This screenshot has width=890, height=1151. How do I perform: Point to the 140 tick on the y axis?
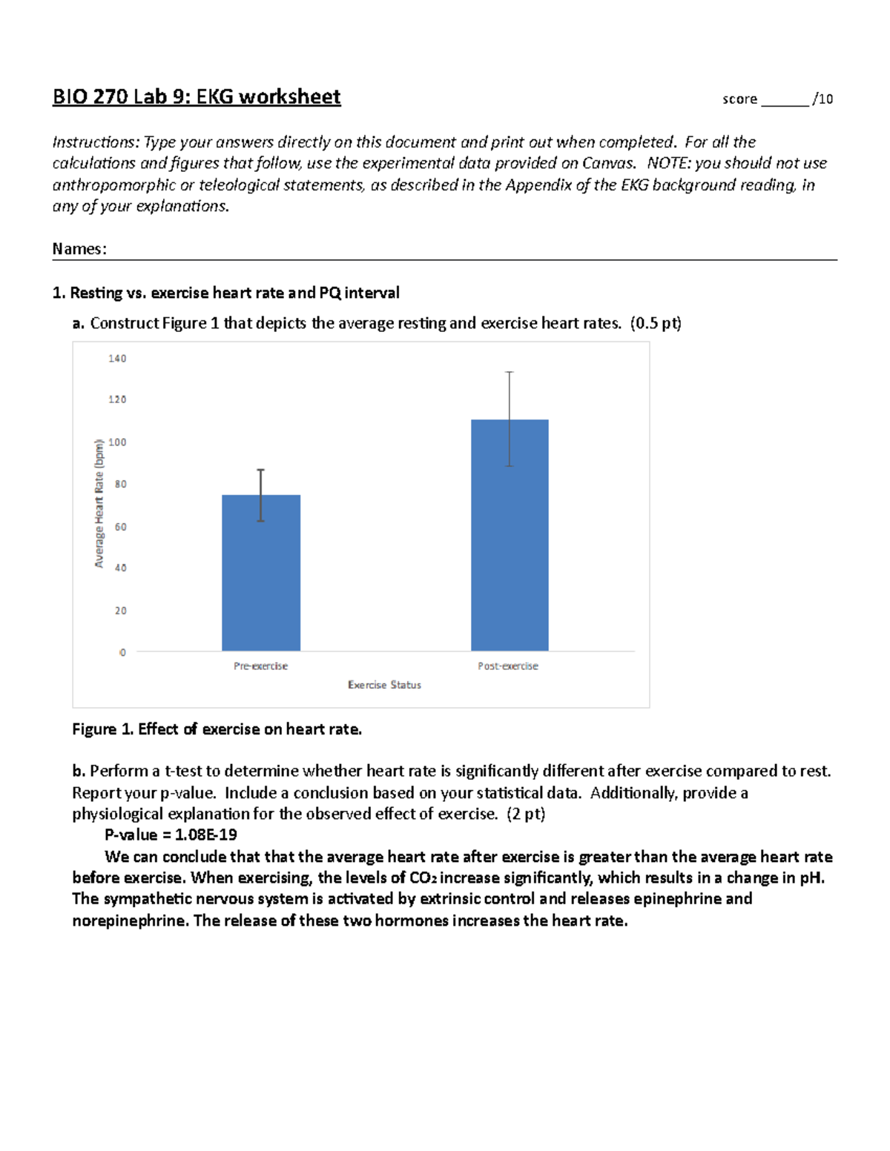(x=117, y=359)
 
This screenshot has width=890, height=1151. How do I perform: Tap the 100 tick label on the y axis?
(x=117, y=442)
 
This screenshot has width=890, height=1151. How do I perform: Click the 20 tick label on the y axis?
(x=120, y=611)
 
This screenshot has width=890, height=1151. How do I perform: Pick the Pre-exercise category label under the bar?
(x=260, y=666)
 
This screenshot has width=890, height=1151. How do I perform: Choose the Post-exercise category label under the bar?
(x=508, y=666)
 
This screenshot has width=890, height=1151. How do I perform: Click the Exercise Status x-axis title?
(x=384, y=686)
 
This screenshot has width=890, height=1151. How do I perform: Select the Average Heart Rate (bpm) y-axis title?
(x=99, y=504)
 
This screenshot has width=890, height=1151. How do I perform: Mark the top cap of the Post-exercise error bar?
(x=510, y=372)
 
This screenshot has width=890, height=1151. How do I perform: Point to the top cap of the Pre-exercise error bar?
(x=261, y=470)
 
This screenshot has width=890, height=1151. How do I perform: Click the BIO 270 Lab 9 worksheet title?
(x=197, y=97)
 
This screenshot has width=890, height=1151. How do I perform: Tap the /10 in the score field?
(x=823, y=99)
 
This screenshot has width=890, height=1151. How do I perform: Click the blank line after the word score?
(x=785, y=104)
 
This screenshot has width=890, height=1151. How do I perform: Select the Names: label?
(x=79, y=249)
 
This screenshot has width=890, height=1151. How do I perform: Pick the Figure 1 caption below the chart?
(x=217, y=729)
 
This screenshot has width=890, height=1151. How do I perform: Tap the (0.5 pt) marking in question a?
(x=655, y=323)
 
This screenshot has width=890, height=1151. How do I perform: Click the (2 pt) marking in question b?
(x=525, y=814)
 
